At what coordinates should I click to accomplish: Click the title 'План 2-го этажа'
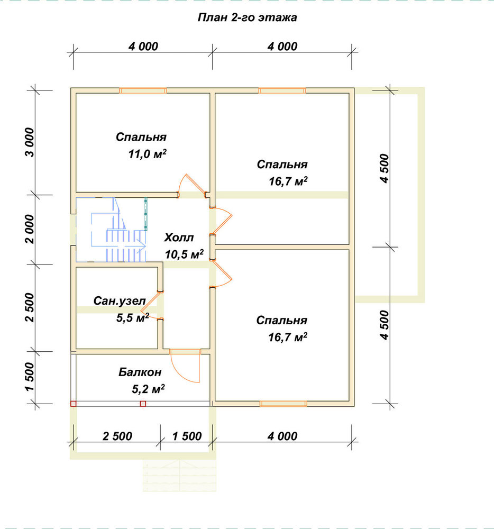247,17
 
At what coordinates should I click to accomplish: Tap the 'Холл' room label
179,238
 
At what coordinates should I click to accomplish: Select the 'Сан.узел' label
120,300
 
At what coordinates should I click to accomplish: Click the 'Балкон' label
140,372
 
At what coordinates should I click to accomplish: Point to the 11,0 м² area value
148,154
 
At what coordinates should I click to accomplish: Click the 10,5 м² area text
184,254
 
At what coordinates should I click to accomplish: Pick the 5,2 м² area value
148,389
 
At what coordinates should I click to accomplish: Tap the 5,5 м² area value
133,317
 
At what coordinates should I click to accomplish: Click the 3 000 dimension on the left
30,142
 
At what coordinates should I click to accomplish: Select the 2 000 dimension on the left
30,229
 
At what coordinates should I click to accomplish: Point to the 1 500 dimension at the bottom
187,436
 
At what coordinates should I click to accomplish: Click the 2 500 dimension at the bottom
117,436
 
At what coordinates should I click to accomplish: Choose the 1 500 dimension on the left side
30,377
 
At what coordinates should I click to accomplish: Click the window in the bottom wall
283,404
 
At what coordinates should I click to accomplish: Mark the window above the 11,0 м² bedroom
143,90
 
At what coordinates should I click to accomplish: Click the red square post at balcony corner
73,404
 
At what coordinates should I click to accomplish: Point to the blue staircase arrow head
142,246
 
